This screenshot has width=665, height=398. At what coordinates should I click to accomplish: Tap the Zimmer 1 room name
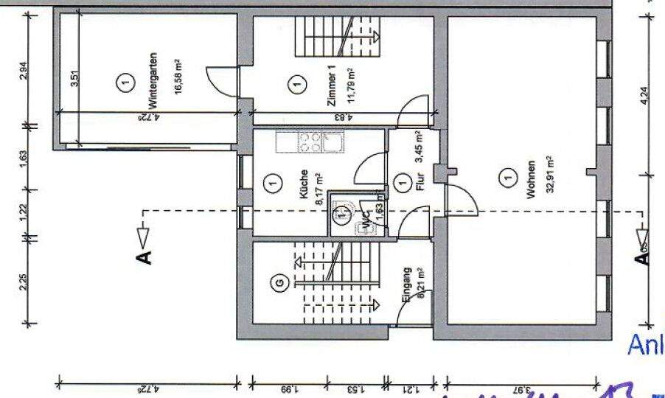click(x=331, y=87)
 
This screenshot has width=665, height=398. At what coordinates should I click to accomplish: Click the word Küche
click(x=303, y=185)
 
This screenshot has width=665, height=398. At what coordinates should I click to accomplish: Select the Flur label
click(x=420, y=181)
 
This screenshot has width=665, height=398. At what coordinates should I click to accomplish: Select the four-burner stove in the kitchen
click(x=310, y=142)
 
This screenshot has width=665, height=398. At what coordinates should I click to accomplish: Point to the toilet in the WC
click(x=341, y=214)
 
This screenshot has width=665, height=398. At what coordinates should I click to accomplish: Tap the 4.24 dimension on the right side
click(x=644, y=99)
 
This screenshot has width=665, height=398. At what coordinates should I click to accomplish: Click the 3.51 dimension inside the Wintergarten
click(x=74, y=77)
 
